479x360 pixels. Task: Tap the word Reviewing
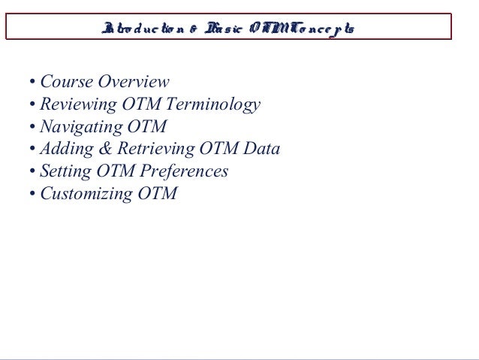77,104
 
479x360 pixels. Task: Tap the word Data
262,149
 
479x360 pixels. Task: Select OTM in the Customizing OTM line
158,194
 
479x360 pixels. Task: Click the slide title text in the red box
229,29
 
